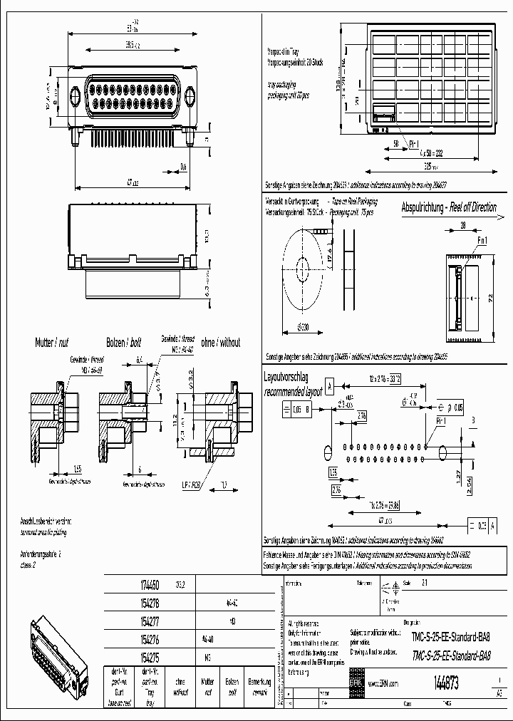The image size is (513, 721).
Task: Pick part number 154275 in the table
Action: tap(148, 657)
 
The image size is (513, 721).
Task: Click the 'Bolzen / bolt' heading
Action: tap(125, 343)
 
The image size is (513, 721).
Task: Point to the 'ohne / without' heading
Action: tap(220, 343)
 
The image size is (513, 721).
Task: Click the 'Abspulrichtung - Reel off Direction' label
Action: tap(449, 207)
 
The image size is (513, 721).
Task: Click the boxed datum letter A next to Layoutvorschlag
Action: tap(331, 387)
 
